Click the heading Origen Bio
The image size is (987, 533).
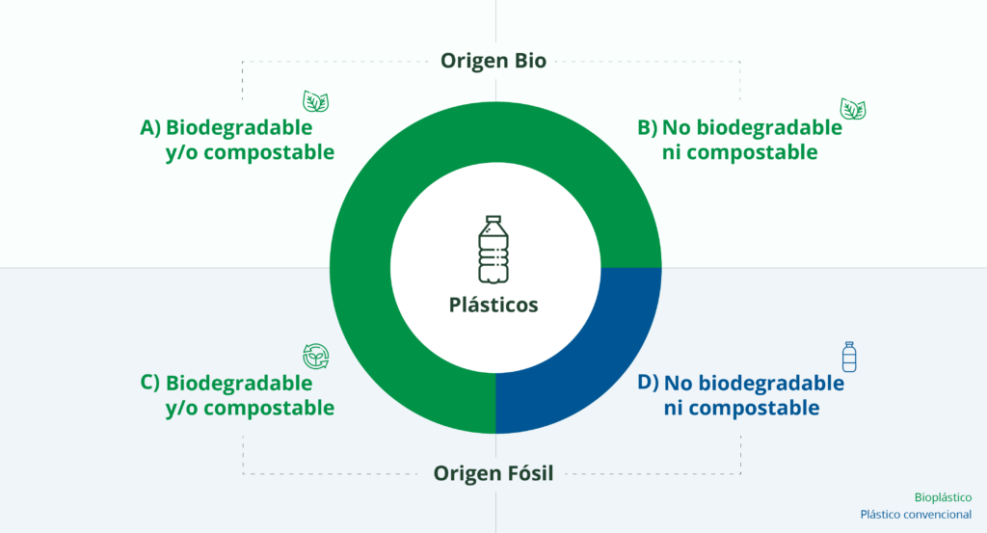(493, 61)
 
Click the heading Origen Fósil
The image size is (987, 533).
(493, 473)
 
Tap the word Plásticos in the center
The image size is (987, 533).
(493, 305)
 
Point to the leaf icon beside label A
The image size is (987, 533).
(316, 102)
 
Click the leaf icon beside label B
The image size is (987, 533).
(852, 108)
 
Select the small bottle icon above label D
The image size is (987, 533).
(848, 357)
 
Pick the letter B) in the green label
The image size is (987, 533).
(647, 127)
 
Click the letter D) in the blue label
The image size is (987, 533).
(648, 383)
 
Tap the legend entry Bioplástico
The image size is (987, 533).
(943, 497)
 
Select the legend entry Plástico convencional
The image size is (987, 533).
(916, 515)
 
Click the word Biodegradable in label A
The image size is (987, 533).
(239, 127)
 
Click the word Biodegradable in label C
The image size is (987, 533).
(239, 383)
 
